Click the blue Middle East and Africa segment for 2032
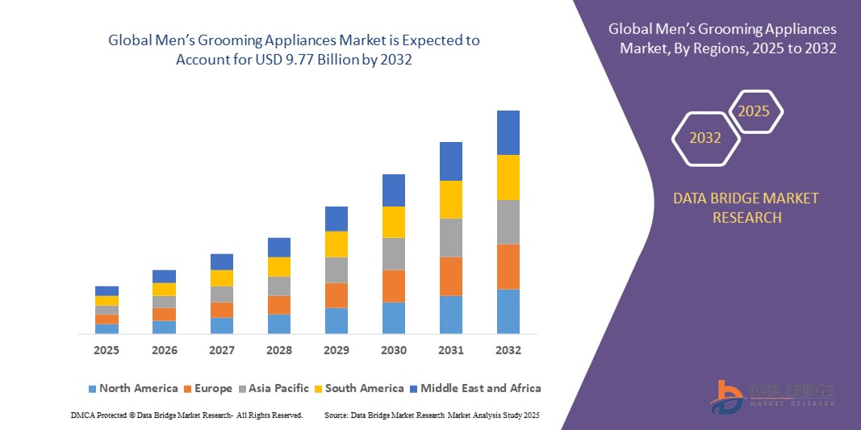pyautogui.click(x=508, y=132)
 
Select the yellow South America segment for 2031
pyautogui.click(x=451, y=199)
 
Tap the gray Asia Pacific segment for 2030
pyautogui.click(x=394, y=253)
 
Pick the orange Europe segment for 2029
pyautogui.click(x=336, y=295)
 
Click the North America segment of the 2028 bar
pyautogui.click(x=279, y=324)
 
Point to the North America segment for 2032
pyautogui.click(x=508, y=311)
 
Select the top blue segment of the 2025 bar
pyautogui.click(x=107, y=290)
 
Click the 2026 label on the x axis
pyautogui.click(x=165, y=351)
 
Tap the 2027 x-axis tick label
pyautogui.click(x=222, y=351)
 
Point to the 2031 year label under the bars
pyautogui.click(x=451, y=351)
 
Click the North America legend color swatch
pyautogui.click(x=92, y=389)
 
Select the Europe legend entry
pyautogui.click(x=212, y=388)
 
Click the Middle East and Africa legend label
pyautogui.click(x=480, y=388)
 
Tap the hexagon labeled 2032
pyautogui.click(x=705, y=138)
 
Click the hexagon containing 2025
pyautogui.click(x=754, y=111)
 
